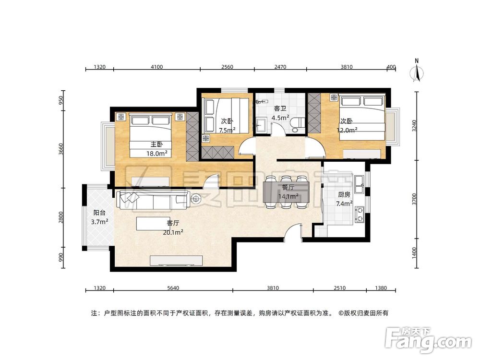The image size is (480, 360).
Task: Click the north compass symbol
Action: [418, 72]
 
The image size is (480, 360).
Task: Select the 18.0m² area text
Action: [156, 154]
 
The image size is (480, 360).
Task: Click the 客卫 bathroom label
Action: [280, 109]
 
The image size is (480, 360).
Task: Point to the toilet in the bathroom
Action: [296, 123]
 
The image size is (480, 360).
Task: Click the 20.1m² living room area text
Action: [173, 232]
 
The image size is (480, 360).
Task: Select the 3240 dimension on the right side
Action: [414, 126]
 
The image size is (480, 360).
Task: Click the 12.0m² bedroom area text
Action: [348, 130]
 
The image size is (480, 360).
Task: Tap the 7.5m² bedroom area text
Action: [227, 130]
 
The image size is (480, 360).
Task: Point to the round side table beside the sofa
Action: [196, 199]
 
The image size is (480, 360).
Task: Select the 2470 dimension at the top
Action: [280, 67]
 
